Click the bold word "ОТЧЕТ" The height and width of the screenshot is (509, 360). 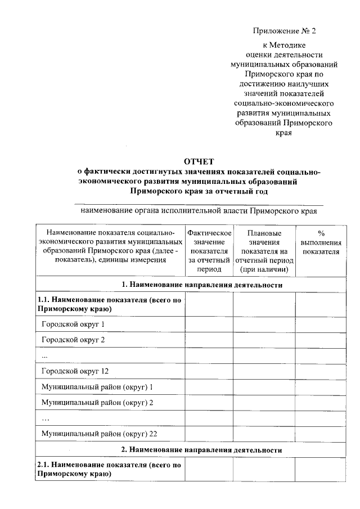pyautogui.click(x=199, y=162)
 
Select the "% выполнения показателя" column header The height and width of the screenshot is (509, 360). pyautogui.click(x=321, y=242)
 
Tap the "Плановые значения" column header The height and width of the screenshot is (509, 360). pyautogui.click(x=264, y=251)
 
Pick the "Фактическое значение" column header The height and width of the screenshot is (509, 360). pyautogui.click(x=209, y=251)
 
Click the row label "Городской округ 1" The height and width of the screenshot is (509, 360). pyautogui.click(x=73, y=325)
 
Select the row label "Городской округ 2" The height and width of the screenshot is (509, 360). pyautogui.click(x=73, y=340)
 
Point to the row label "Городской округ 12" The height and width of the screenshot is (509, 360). pyautogui.click(x=75, y=371)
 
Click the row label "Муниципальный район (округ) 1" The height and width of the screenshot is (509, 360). pyautogui.click(x=97, y=387)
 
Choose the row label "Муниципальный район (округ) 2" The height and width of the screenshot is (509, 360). pyautogui.click(x=97, y=403)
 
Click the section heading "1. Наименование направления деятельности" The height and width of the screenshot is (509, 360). pyautogui.click(x=202, y=285)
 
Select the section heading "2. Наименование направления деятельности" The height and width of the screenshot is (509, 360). pyautogui.click(x=202, y=450)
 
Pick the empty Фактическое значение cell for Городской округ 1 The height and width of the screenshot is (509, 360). pyautogui.click(x=209, y=325)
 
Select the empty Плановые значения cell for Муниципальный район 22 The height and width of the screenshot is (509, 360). pyautogui.click(x=264, y=434)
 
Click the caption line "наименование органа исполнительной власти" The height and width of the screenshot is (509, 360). pyautogui.click(x=199, y=211)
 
